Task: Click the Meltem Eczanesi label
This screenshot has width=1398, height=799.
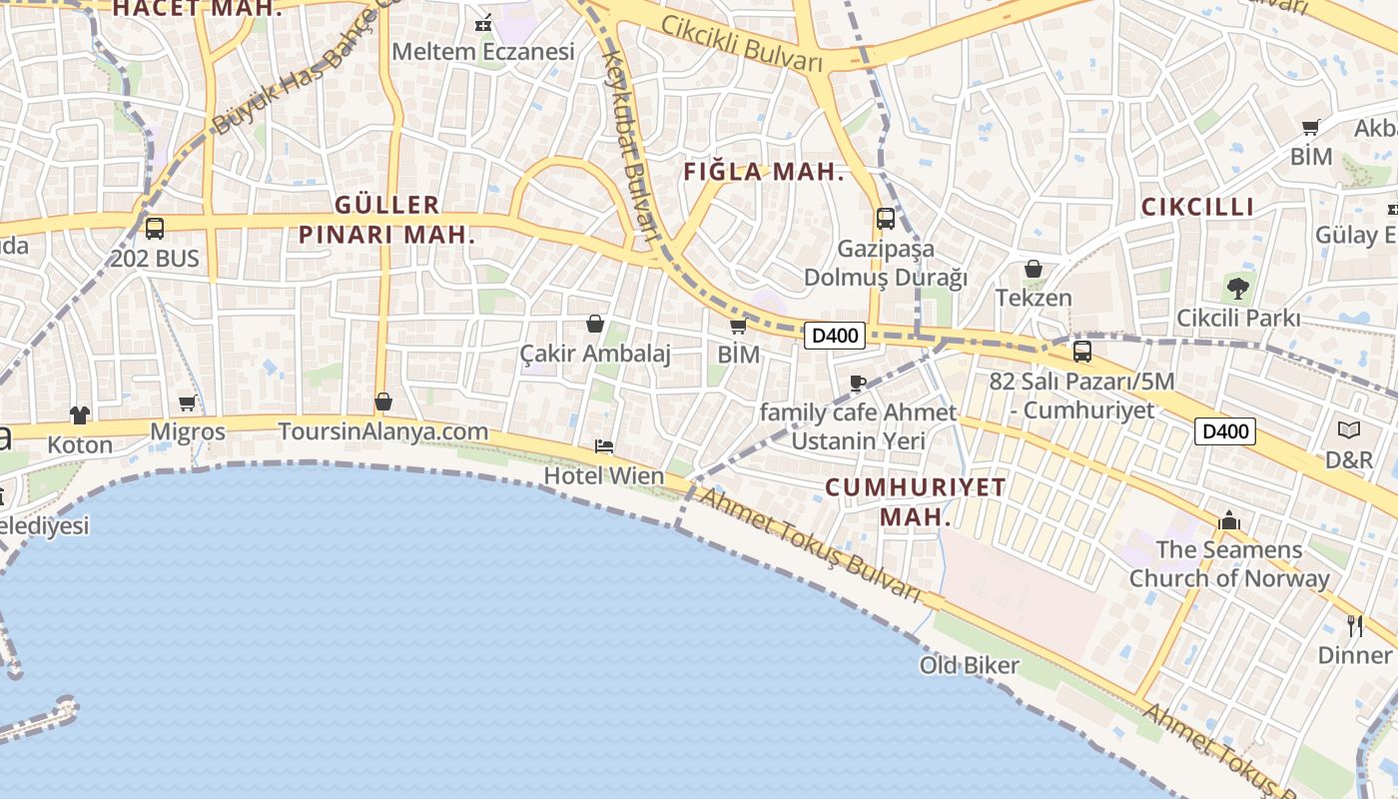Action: point(483,51)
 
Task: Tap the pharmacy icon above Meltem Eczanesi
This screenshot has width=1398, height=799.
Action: point(484,22)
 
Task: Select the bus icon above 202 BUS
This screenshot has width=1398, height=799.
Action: point(155,229)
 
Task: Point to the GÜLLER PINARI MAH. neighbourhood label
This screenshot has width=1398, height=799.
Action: point(387,221)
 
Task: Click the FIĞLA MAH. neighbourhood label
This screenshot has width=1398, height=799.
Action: point(764,172)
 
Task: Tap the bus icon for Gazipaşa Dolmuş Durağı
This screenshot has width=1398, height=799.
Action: point(885,219)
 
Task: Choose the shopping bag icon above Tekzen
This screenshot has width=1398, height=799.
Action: point(1034,270)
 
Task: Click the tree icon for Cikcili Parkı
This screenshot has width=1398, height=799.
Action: point(1238,290)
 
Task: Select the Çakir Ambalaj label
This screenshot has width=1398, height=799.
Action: point(595,354)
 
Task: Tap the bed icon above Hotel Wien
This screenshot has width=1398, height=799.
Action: point(604,446)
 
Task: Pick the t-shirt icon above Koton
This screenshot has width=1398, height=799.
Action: point(80,415)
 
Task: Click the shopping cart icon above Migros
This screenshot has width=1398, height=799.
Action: point(188,403)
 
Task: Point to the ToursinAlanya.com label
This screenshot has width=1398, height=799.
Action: point(383,432)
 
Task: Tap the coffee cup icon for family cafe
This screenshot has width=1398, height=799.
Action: point(857,383)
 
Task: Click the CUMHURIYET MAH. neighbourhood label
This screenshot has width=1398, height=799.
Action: point(916,502)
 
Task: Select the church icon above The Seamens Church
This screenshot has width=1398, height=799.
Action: point(1229,520)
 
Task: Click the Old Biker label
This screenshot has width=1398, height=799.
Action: point(970,665)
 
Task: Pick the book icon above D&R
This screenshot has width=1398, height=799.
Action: point(1349,430)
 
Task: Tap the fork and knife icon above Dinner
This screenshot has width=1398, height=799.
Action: point(1355,626)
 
